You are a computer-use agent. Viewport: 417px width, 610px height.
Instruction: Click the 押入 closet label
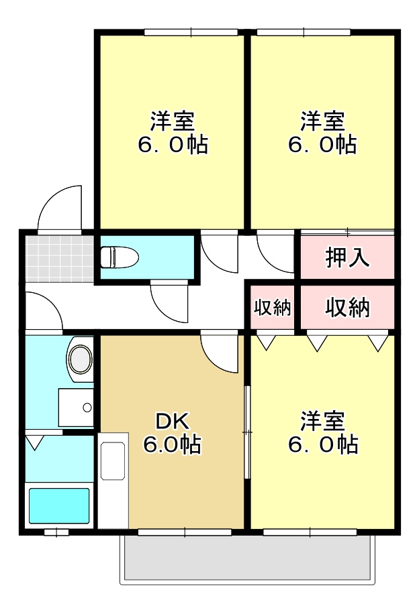(347, 257)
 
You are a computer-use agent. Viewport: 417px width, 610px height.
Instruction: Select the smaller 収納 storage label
(273, 308)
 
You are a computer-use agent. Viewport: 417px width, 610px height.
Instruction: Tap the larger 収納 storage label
(347, 308)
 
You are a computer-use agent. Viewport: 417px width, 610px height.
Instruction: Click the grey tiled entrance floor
(59, 257)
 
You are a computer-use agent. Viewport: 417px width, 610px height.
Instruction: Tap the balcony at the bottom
(246, 558)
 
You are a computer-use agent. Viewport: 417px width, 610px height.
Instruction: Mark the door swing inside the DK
(220, 353)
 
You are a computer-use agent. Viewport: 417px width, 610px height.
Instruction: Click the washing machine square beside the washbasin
(75, 407)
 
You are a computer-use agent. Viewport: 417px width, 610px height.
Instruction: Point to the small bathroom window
(56, 533)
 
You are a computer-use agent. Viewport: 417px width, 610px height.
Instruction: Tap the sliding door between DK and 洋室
(247, 432)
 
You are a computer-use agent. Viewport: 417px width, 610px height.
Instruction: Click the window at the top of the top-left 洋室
(191, 32)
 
